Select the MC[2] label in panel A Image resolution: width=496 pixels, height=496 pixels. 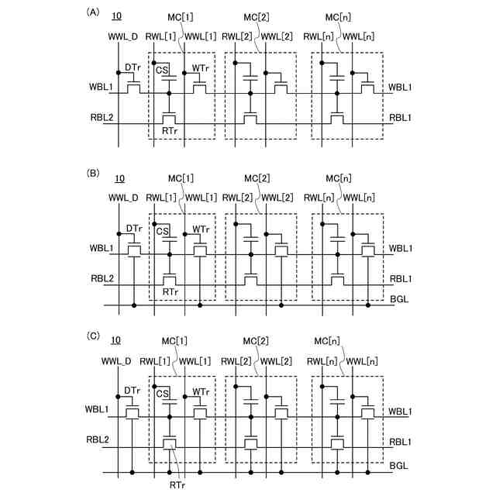tap(257, 16)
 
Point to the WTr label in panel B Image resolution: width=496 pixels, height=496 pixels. tap(200, 229)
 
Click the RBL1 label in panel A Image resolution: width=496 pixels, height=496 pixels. tap(400, 119)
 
